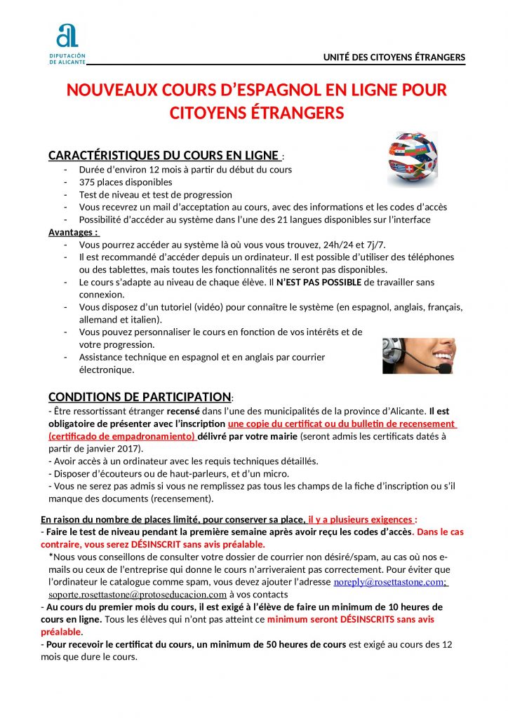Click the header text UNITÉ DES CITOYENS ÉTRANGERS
click(394, 57)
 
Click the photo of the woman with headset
click(418, 355)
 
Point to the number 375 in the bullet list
click(88, 182)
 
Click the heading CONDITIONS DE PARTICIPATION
click(139, 397)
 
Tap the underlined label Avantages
click(73, 232)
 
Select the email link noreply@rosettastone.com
click(391, 582)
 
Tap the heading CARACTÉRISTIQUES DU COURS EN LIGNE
click(163, 155)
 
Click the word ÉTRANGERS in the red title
click(292, 112)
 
